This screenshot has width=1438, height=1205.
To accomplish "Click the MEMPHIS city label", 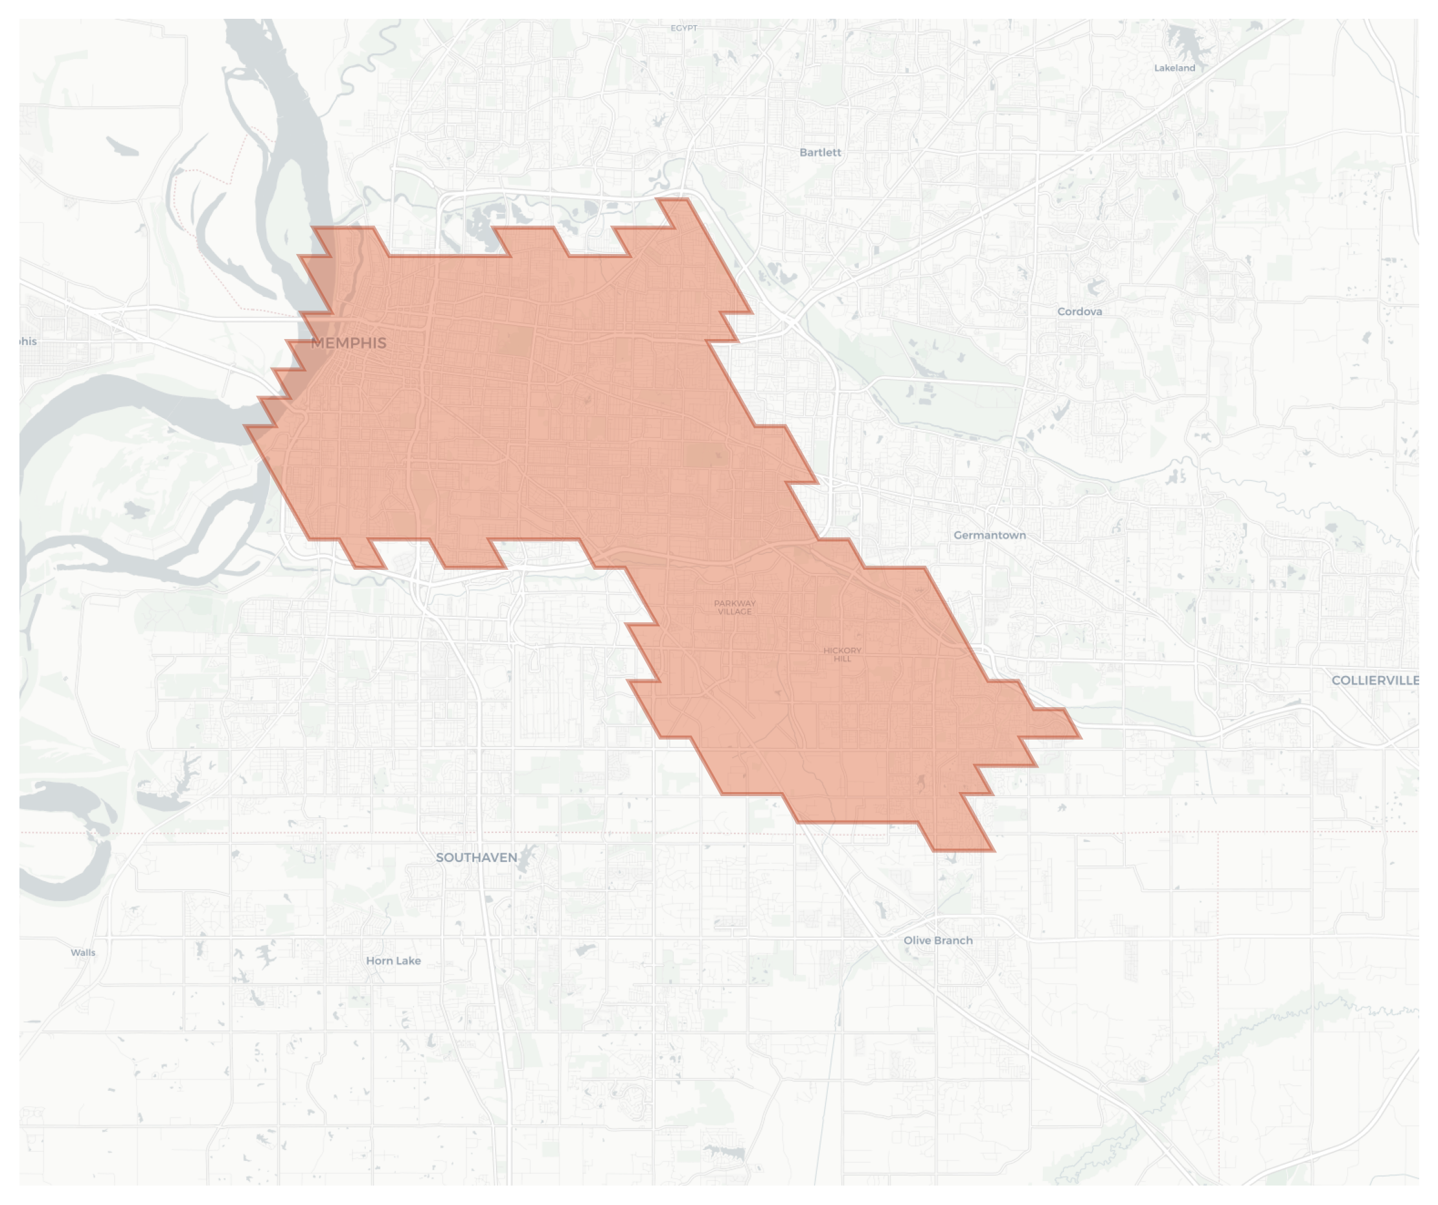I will point(348,343).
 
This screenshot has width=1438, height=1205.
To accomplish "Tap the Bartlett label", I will point(819,152).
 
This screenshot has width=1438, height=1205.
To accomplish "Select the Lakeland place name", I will point(1174,68).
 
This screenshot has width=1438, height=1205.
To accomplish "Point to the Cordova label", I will point(1079,312).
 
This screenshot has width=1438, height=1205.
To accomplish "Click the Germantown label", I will point(990,535).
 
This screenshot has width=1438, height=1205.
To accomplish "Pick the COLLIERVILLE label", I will point(1375,680).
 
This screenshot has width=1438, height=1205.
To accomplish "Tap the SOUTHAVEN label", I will point(477,858).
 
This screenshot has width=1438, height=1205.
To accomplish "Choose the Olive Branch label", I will point(937,941).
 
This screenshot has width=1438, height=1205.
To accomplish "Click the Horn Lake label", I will point(393,961).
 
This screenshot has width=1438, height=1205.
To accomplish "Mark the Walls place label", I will point(83,952).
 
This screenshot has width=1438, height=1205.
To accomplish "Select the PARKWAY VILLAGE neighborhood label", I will point(735,607).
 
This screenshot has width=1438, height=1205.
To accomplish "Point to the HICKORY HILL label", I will point(842,654).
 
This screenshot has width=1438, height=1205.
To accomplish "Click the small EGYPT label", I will point(684,28).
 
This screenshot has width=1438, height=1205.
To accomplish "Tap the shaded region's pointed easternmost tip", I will point(1079,736).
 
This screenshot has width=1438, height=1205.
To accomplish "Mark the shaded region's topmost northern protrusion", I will point(672,200).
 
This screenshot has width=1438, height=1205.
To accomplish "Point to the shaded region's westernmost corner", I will point(247,427).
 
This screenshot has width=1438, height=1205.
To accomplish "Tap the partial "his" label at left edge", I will point(28,341).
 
